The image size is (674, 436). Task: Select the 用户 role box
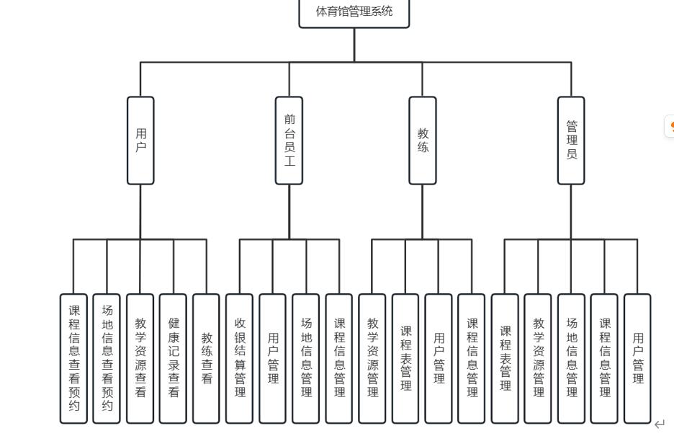[140, 141]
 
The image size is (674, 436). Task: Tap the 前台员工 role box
[289, 141]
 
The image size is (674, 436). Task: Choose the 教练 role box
[423, 141]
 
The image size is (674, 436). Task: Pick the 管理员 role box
[571, 141]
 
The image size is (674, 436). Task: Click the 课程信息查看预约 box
[74, 358]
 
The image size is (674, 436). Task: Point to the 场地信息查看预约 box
[107, 358]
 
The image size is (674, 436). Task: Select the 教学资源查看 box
[140, 358]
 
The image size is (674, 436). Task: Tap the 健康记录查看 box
[174, 358]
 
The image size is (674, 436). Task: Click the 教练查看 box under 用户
[207, 358]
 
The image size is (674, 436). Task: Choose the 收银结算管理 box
[240, 358]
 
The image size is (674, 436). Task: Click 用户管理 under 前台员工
[273, 358]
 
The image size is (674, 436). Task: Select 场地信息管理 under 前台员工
[306, 358]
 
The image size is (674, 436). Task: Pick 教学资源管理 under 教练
[372, 358]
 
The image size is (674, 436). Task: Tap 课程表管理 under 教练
[405, 358]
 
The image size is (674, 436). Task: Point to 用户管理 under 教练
[439, 358]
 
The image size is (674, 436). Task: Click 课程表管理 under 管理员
[505, 358]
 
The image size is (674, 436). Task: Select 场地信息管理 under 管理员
[571, 358]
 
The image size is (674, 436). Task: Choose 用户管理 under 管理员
[637, 358]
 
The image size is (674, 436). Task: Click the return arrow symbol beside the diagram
[659, 424]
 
